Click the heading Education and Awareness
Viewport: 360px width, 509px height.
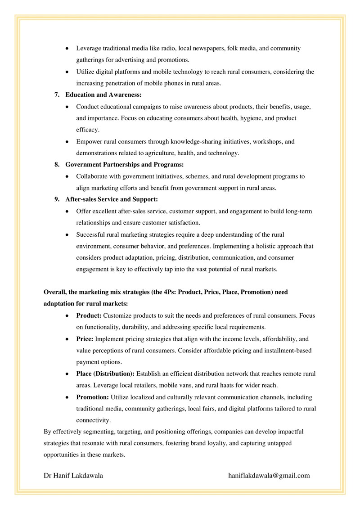point(103,95)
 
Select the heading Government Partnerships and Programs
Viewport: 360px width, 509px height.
point(124,165)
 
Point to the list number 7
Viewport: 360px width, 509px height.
point(57,95)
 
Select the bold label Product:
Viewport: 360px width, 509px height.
point(89,315)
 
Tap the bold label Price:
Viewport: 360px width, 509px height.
point(85,339)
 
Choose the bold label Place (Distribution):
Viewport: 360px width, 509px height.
point(105,374)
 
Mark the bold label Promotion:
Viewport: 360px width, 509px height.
point(92,397)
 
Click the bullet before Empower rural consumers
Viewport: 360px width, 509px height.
point(67,142)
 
